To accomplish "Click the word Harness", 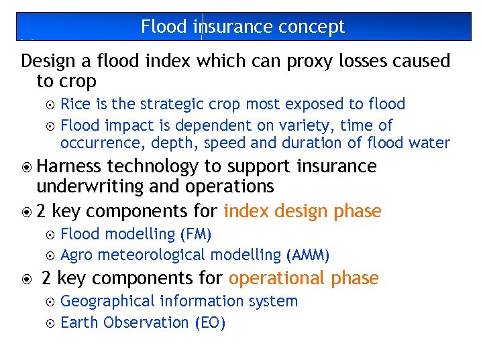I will click(x=70, y=166).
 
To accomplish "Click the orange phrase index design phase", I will click(x=302, y=212).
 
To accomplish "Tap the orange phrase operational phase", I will click(x=303, y=278).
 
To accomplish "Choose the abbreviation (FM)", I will click(x=196, y=234).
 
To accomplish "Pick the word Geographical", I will click(x=115, y=301).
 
